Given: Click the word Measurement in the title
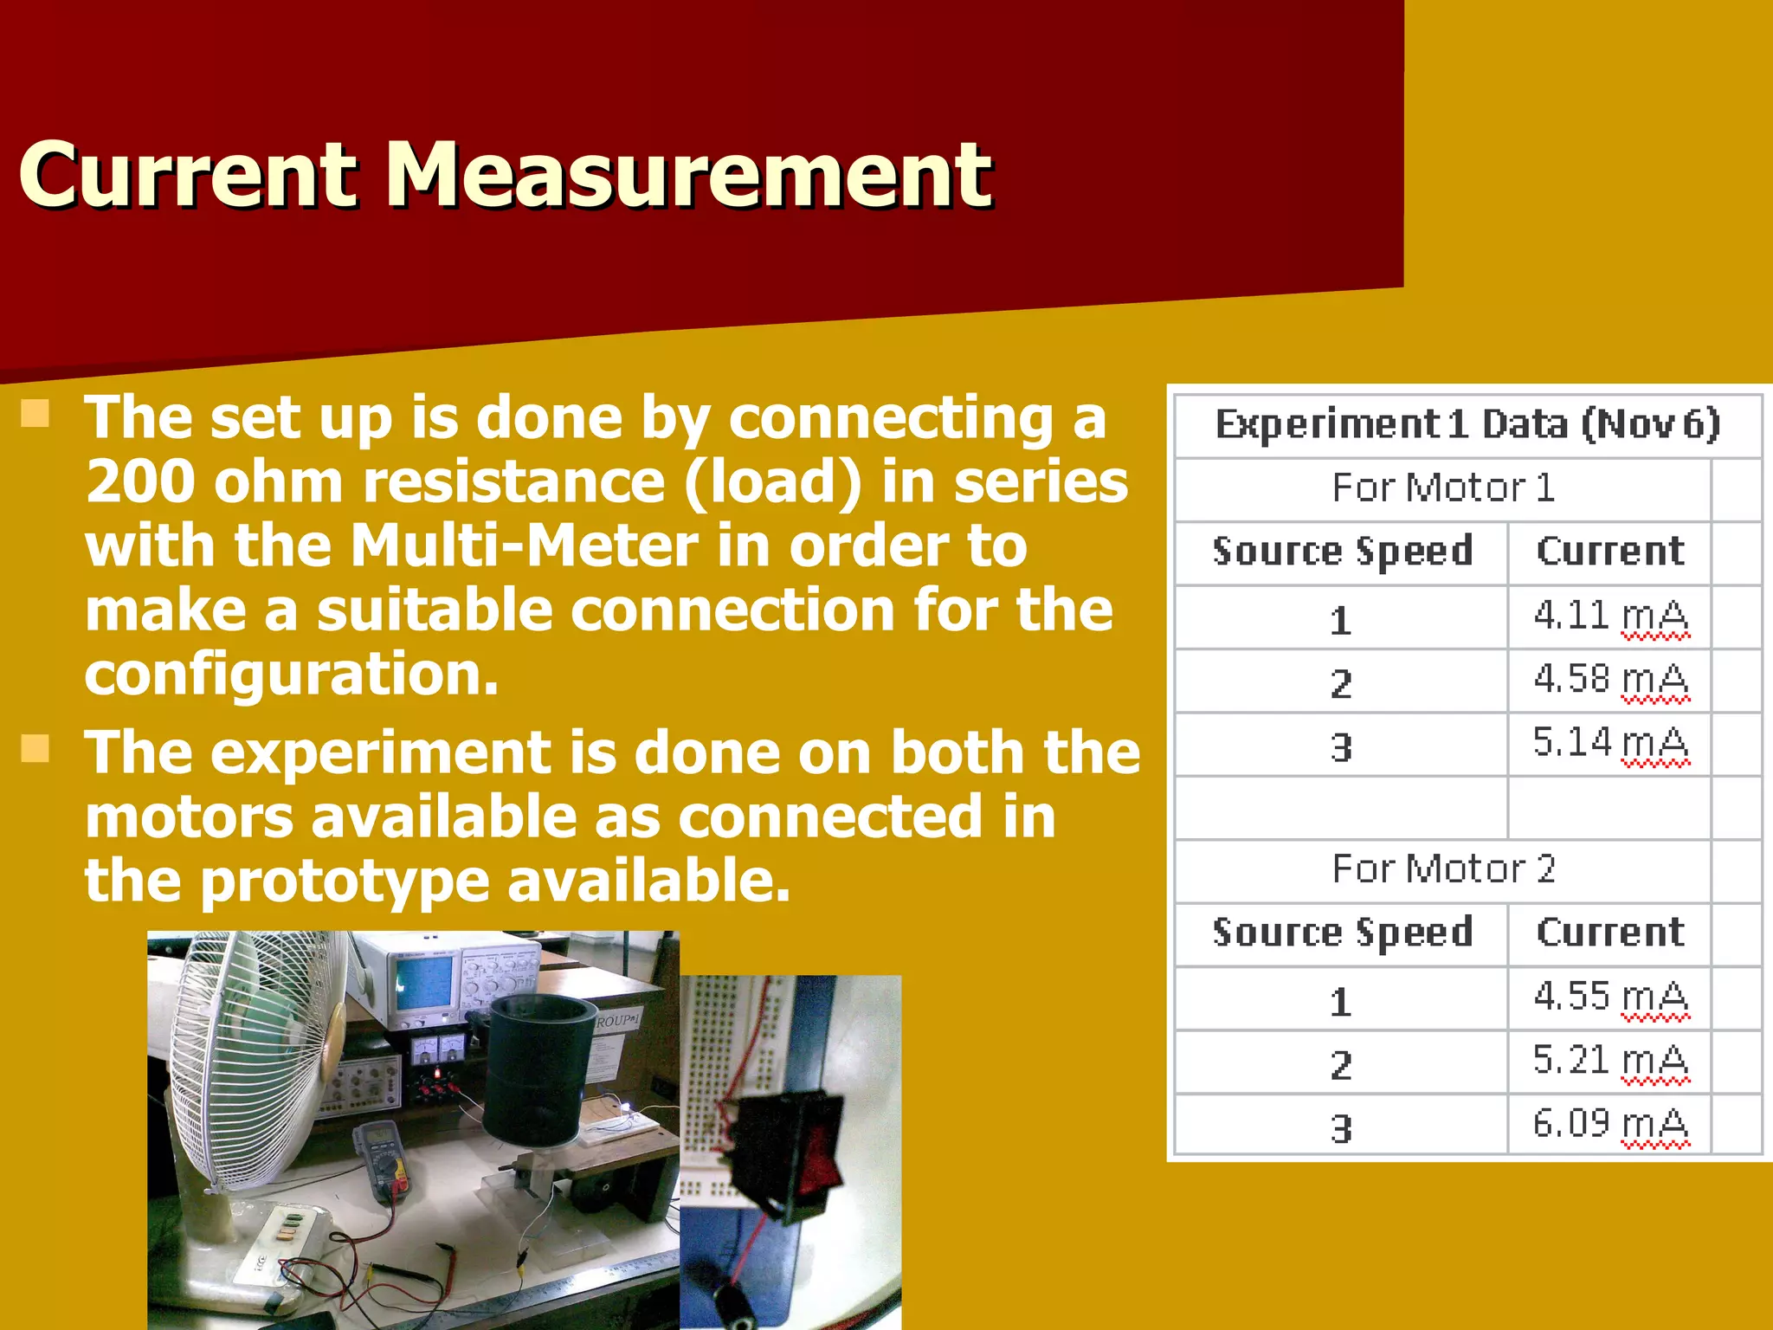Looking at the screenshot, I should pyautogui.click(x=689, y=176).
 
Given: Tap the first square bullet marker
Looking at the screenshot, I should pyautogui.click(x=35, y=414).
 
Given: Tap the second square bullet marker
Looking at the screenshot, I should pyautogui.click(x=35, y=748).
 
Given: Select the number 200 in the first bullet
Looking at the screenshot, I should pyautogui.click(x=139, y=481).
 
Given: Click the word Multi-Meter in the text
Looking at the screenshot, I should pyautogui.click(x=523, y=546).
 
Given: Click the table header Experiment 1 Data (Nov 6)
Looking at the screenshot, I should pyautogui.click(x=1467, y=424).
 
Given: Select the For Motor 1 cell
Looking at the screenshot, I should pyautogui.click(x=1443, y=488).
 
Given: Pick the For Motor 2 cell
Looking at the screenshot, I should pyautogui.click(x=1443, y=869).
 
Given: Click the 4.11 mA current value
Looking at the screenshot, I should pyautogui.click(x=1609, y=617).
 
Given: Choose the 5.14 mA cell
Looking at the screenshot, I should pyautogui.click(x=1609, y=743).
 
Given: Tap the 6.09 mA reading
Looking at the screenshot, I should pyautogui.click(x=1609, y=1124).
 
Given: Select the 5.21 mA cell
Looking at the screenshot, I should pyautogui.click(x=1609, y=1061).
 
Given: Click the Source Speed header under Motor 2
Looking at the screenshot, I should pyautogui.click(x=1342, y=933).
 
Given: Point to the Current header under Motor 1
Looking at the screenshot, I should pyautogui.click(x=1610, y=552).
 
